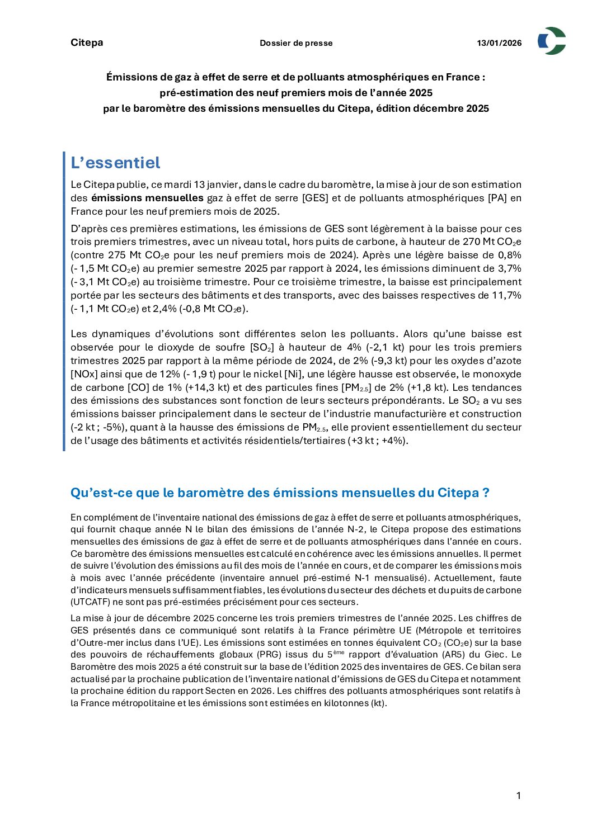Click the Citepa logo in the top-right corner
coord(552,41)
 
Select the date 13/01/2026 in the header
coord(499,43)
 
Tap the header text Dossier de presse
coord(296,43)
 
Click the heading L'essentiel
coord(115,163)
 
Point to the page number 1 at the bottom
coord(519,796)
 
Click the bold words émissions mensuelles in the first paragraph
coord(147,198)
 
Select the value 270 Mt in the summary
coord(476,242)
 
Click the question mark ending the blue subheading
coord(486,493)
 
